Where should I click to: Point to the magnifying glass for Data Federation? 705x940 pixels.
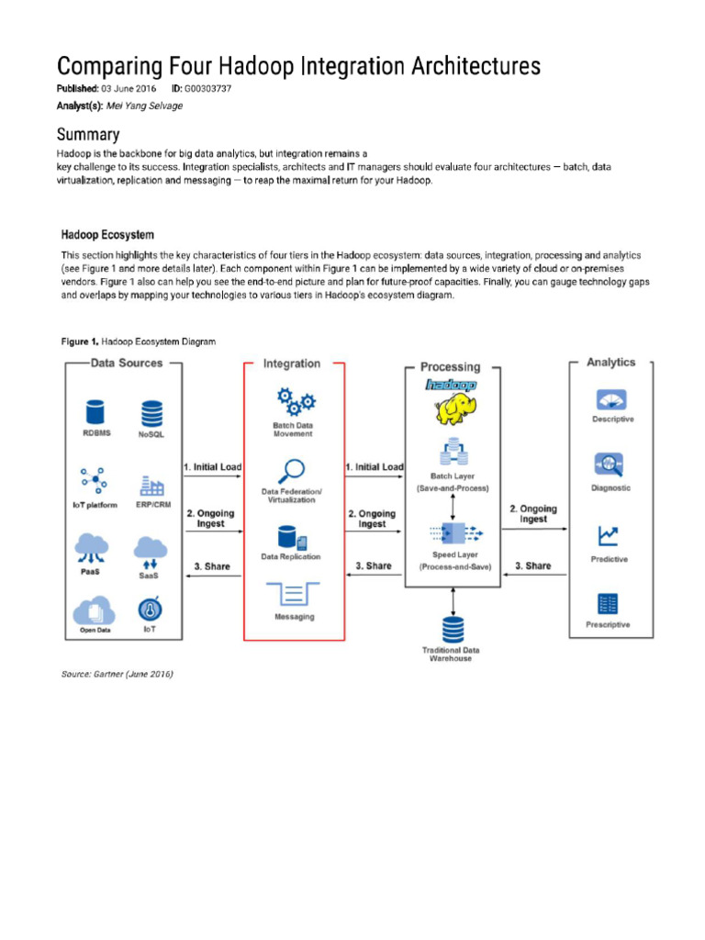(292, 472)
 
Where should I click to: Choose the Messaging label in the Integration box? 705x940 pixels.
(294, 617)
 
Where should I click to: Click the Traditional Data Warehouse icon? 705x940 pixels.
(453, 630)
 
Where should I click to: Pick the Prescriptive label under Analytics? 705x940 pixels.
(608, 624)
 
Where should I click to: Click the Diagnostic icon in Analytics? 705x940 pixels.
(610, 464)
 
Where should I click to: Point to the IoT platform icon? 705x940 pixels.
(92, 480)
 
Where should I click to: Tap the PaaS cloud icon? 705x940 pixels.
(91, 548)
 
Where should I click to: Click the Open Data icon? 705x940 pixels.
(94, 610)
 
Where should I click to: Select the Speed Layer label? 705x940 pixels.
(455, 554)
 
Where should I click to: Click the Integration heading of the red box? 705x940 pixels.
(292, 364)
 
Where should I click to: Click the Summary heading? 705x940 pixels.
(88, 134)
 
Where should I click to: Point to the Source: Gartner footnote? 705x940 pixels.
(117, 674)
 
